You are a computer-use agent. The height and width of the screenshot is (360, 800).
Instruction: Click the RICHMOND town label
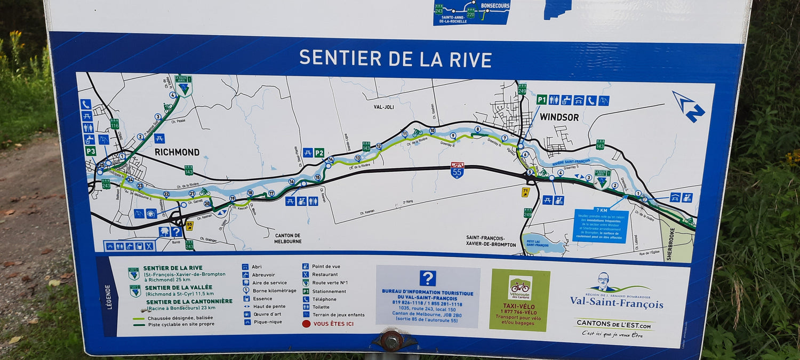click(177, 152)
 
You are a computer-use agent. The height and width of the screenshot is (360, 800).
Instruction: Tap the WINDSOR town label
click(559, 117)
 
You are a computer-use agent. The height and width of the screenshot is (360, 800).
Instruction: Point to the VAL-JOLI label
click(383, 107)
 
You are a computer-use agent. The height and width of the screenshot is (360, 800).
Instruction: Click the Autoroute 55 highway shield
click(457, 170)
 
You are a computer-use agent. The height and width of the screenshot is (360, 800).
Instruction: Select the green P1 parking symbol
click(541, 100)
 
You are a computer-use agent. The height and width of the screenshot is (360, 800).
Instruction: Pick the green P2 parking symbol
click(319, 153)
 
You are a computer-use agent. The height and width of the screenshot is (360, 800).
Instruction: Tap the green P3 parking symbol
click(91, 151)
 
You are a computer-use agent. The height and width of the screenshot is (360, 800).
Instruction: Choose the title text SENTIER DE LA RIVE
click(395, 58)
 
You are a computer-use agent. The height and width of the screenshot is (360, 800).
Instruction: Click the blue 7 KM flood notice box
click(601, 225)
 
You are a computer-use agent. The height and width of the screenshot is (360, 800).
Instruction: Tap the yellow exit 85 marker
click(189, 226)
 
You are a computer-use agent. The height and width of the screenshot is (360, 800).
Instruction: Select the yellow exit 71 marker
click(526, 192)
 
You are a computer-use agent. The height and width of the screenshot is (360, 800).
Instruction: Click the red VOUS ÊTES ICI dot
click(306, 323)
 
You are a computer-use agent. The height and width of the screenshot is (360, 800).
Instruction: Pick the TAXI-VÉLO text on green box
click(519, 306)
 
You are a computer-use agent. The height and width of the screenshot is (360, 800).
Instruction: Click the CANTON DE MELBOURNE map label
click(289, 238)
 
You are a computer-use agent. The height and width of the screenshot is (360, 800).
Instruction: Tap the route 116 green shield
click(115, 124)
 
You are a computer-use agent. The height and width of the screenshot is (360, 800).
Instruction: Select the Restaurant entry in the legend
click(325, 275)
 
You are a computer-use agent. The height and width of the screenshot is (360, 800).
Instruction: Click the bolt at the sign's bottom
click(392, 340)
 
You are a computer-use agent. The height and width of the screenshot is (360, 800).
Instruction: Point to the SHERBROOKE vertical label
click(670, 243)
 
